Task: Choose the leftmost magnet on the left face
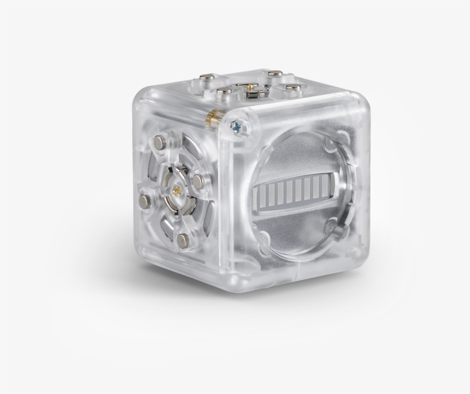tap(144, 200)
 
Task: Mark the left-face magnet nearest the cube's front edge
tap(198, 180)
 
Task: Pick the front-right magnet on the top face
tap(293, 88)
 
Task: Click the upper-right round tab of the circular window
tap(342, 138)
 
